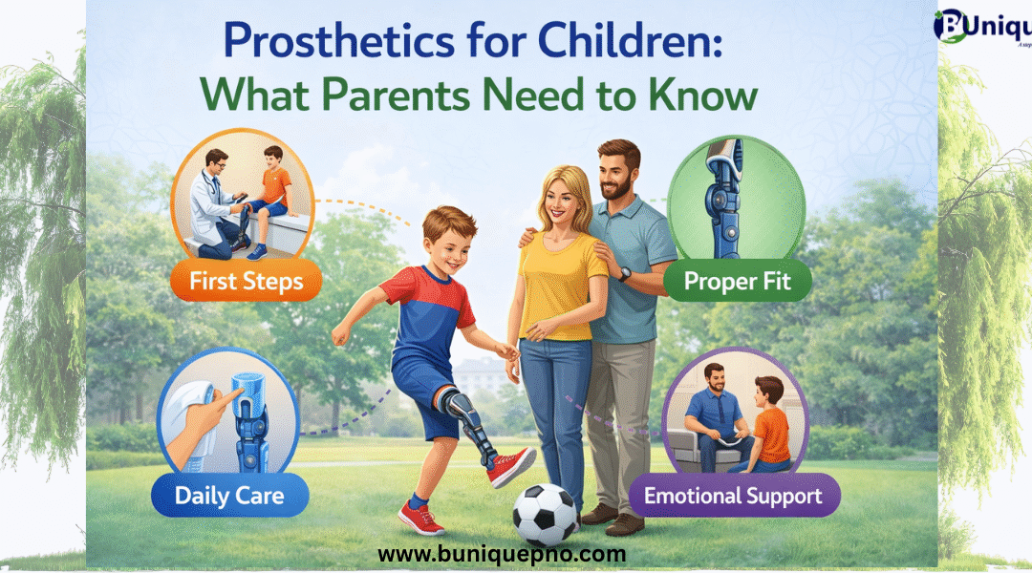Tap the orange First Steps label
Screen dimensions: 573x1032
pos(247,283)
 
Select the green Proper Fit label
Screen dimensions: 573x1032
pos(735,283)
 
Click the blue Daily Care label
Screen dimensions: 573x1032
pos(228,496)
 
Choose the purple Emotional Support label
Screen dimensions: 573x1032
pos(733,496)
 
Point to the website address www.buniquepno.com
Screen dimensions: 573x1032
pos(502,553)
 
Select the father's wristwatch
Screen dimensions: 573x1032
pos(624,274)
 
